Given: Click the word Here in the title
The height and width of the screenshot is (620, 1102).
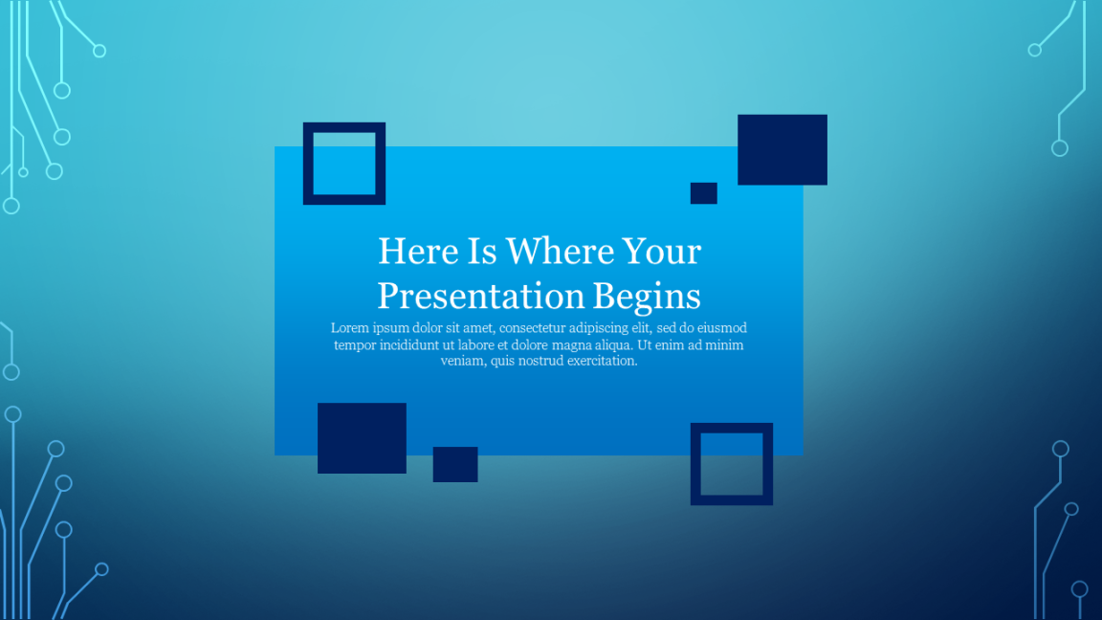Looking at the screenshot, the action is (418, 251).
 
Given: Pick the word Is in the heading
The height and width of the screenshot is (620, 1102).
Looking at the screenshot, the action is (482, 251).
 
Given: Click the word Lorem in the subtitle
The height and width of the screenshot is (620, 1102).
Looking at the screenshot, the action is (349, 328).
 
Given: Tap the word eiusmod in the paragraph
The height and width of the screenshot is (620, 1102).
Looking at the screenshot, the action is (722, 328).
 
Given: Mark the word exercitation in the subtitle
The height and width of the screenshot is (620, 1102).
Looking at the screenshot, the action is (603, 361).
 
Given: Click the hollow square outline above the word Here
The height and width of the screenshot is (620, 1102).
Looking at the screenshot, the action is (308, 164).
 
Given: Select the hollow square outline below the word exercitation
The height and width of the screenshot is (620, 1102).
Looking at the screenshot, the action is (695, 464).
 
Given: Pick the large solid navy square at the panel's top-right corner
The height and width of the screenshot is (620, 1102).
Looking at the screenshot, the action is (782, 149).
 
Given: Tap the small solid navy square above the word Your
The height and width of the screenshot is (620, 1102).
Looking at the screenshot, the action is (703, 193).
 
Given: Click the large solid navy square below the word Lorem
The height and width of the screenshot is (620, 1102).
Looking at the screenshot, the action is (362, 438).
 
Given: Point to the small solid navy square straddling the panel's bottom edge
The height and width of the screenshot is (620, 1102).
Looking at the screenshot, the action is (455, 465).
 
